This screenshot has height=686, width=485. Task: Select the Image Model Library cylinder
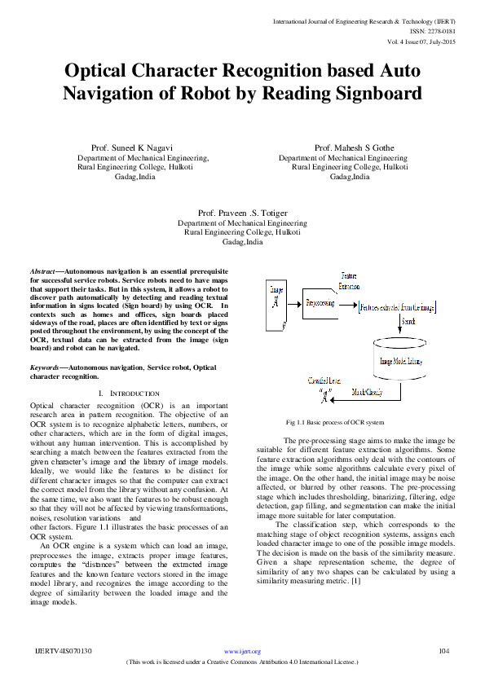tap(400, 361)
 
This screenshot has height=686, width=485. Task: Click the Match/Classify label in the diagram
tap(367, 392)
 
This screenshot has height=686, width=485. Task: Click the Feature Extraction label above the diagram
tap(348, 282)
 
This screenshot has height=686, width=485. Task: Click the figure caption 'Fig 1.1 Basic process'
tap(334, 422)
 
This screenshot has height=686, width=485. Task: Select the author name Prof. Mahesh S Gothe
tap(354, 147)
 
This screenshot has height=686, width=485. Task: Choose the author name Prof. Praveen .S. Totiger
tap(243, 212)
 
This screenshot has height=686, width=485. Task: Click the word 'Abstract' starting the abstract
tap(42, 270)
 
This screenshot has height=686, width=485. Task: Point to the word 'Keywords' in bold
tap(44, 367)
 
